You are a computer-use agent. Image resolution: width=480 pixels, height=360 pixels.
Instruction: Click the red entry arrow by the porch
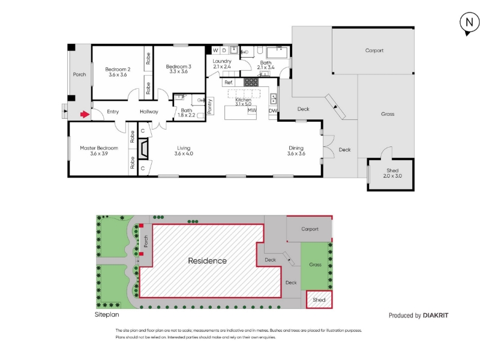(85, 115)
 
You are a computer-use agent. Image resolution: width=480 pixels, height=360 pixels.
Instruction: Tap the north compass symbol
(469, 23)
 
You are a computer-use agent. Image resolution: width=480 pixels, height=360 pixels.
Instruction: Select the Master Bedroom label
(99, 148)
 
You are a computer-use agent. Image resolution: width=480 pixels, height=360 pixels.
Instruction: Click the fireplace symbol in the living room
(143, 149)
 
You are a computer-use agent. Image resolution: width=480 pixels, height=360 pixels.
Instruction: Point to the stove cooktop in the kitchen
(251, 82)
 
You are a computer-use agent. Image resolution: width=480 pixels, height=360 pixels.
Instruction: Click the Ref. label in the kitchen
(229, 82)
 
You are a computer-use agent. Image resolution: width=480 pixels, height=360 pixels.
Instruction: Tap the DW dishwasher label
(273, 111)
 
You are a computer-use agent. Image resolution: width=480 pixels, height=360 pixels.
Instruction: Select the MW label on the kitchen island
(252, 110)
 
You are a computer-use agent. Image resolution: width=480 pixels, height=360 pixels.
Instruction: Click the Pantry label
(209, 106)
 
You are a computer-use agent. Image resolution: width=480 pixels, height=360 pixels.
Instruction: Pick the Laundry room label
(222, 61)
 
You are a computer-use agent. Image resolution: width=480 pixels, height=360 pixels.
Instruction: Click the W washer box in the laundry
(215, 50)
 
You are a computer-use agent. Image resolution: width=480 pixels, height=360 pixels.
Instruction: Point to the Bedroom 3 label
(178, 67)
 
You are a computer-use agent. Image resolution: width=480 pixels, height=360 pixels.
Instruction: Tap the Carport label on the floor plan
(374, 50)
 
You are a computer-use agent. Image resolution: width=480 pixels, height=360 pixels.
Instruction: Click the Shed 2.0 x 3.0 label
(392, 173)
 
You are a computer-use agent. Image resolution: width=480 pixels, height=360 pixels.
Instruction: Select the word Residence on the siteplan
(207, 261)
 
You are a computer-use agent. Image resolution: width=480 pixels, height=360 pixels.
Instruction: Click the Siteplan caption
(107, 314)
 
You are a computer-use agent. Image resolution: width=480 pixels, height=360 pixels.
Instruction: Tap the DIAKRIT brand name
(436, 316)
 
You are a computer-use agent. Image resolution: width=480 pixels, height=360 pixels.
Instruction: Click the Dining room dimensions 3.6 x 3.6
(296, 154)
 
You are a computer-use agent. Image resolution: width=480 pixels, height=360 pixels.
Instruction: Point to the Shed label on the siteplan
(319, 300)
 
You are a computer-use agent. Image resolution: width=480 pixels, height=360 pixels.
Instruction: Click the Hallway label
(149, 112)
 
